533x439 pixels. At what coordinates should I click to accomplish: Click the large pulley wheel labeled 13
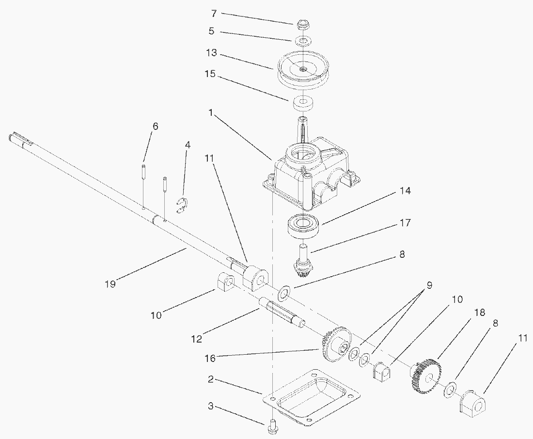coord(303,71)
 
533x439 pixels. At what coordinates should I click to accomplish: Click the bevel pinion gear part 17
coord(303,264)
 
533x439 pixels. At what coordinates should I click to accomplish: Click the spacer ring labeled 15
coord(303,103)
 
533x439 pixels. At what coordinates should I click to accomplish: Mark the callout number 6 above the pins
coord(155,126)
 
